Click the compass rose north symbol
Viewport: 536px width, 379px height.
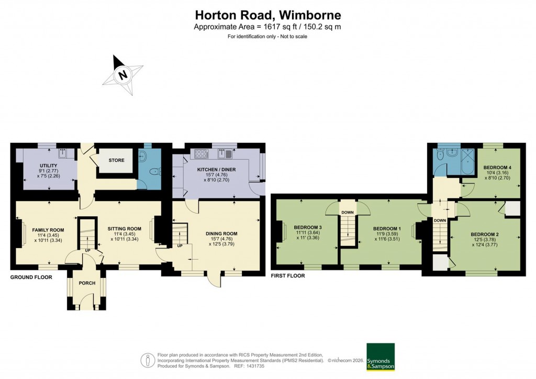coord(123,74)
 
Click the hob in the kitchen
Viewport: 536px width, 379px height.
coord(202,154)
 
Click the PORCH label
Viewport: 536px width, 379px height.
coord(86,283)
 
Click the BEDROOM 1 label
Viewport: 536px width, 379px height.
coord(387,229)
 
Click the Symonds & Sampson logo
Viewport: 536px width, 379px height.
coord(380,357)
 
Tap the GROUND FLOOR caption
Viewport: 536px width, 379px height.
coord(31,277)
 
